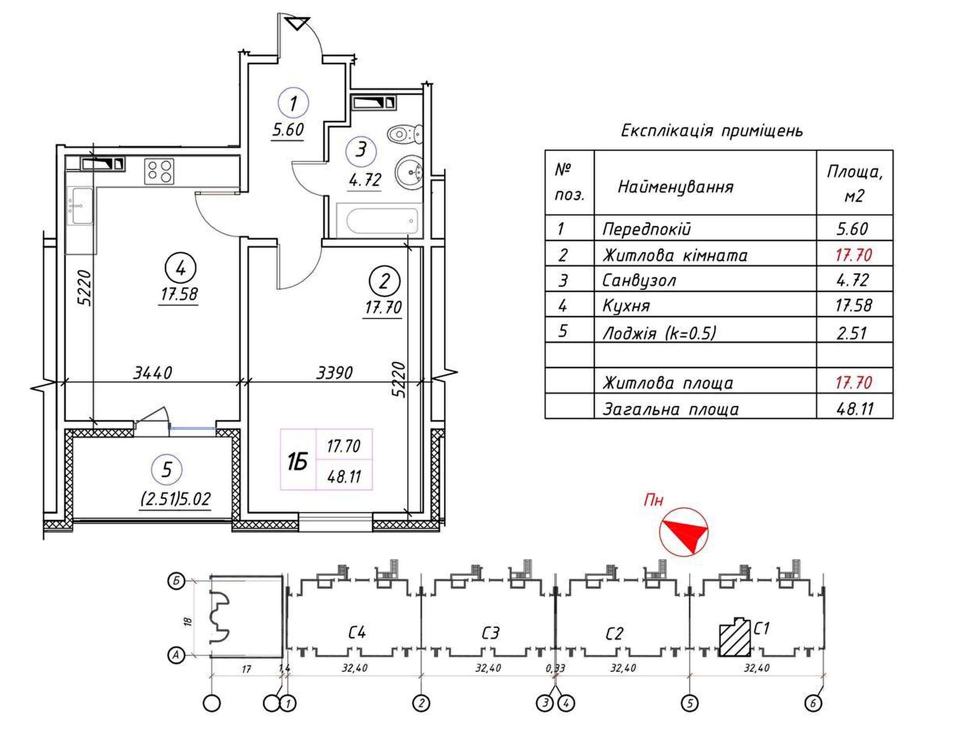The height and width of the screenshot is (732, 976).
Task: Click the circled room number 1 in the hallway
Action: click(x=293, y=103)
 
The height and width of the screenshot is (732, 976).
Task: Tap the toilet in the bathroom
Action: click(x=405, y=134)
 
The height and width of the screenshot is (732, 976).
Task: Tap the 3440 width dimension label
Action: click(x=152, y=373)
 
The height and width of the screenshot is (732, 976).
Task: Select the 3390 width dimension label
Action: click(x=334, y=373)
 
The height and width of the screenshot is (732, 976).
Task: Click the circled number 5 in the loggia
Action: click(x=167, y=470)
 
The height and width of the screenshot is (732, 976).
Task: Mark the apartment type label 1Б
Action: click(x=297, y=462)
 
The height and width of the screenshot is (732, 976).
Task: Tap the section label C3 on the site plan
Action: click(x=490, y=633)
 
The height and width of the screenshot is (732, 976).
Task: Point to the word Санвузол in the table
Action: click(x=639, y=280)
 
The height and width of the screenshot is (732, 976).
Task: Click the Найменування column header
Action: click(x=676, y=187)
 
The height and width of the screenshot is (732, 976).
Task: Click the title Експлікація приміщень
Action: click(x=712, y=131)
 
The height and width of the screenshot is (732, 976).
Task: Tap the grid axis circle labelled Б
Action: click(x=176, y=581)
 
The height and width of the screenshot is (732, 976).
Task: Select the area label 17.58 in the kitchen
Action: click(x=179, y=294)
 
